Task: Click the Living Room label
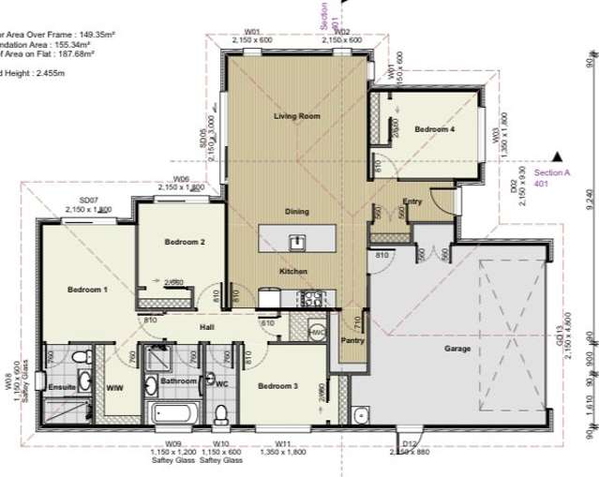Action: [x=297, y=116]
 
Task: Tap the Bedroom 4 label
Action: [x=435, y=130]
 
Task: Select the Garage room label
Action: [x=457, y=349]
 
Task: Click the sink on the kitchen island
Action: [x=295, y=242]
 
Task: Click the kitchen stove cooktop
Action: [x=310, y=299]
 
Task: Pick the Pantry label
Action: [x=352, y=341]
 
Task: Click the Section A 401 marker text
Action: [x=552, y=178]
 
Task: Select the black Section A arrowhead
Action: [x=559, y=157]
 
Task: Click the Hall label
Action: [x=208, y=326]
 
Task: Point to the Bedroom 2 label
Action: [x=185, y=242]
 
